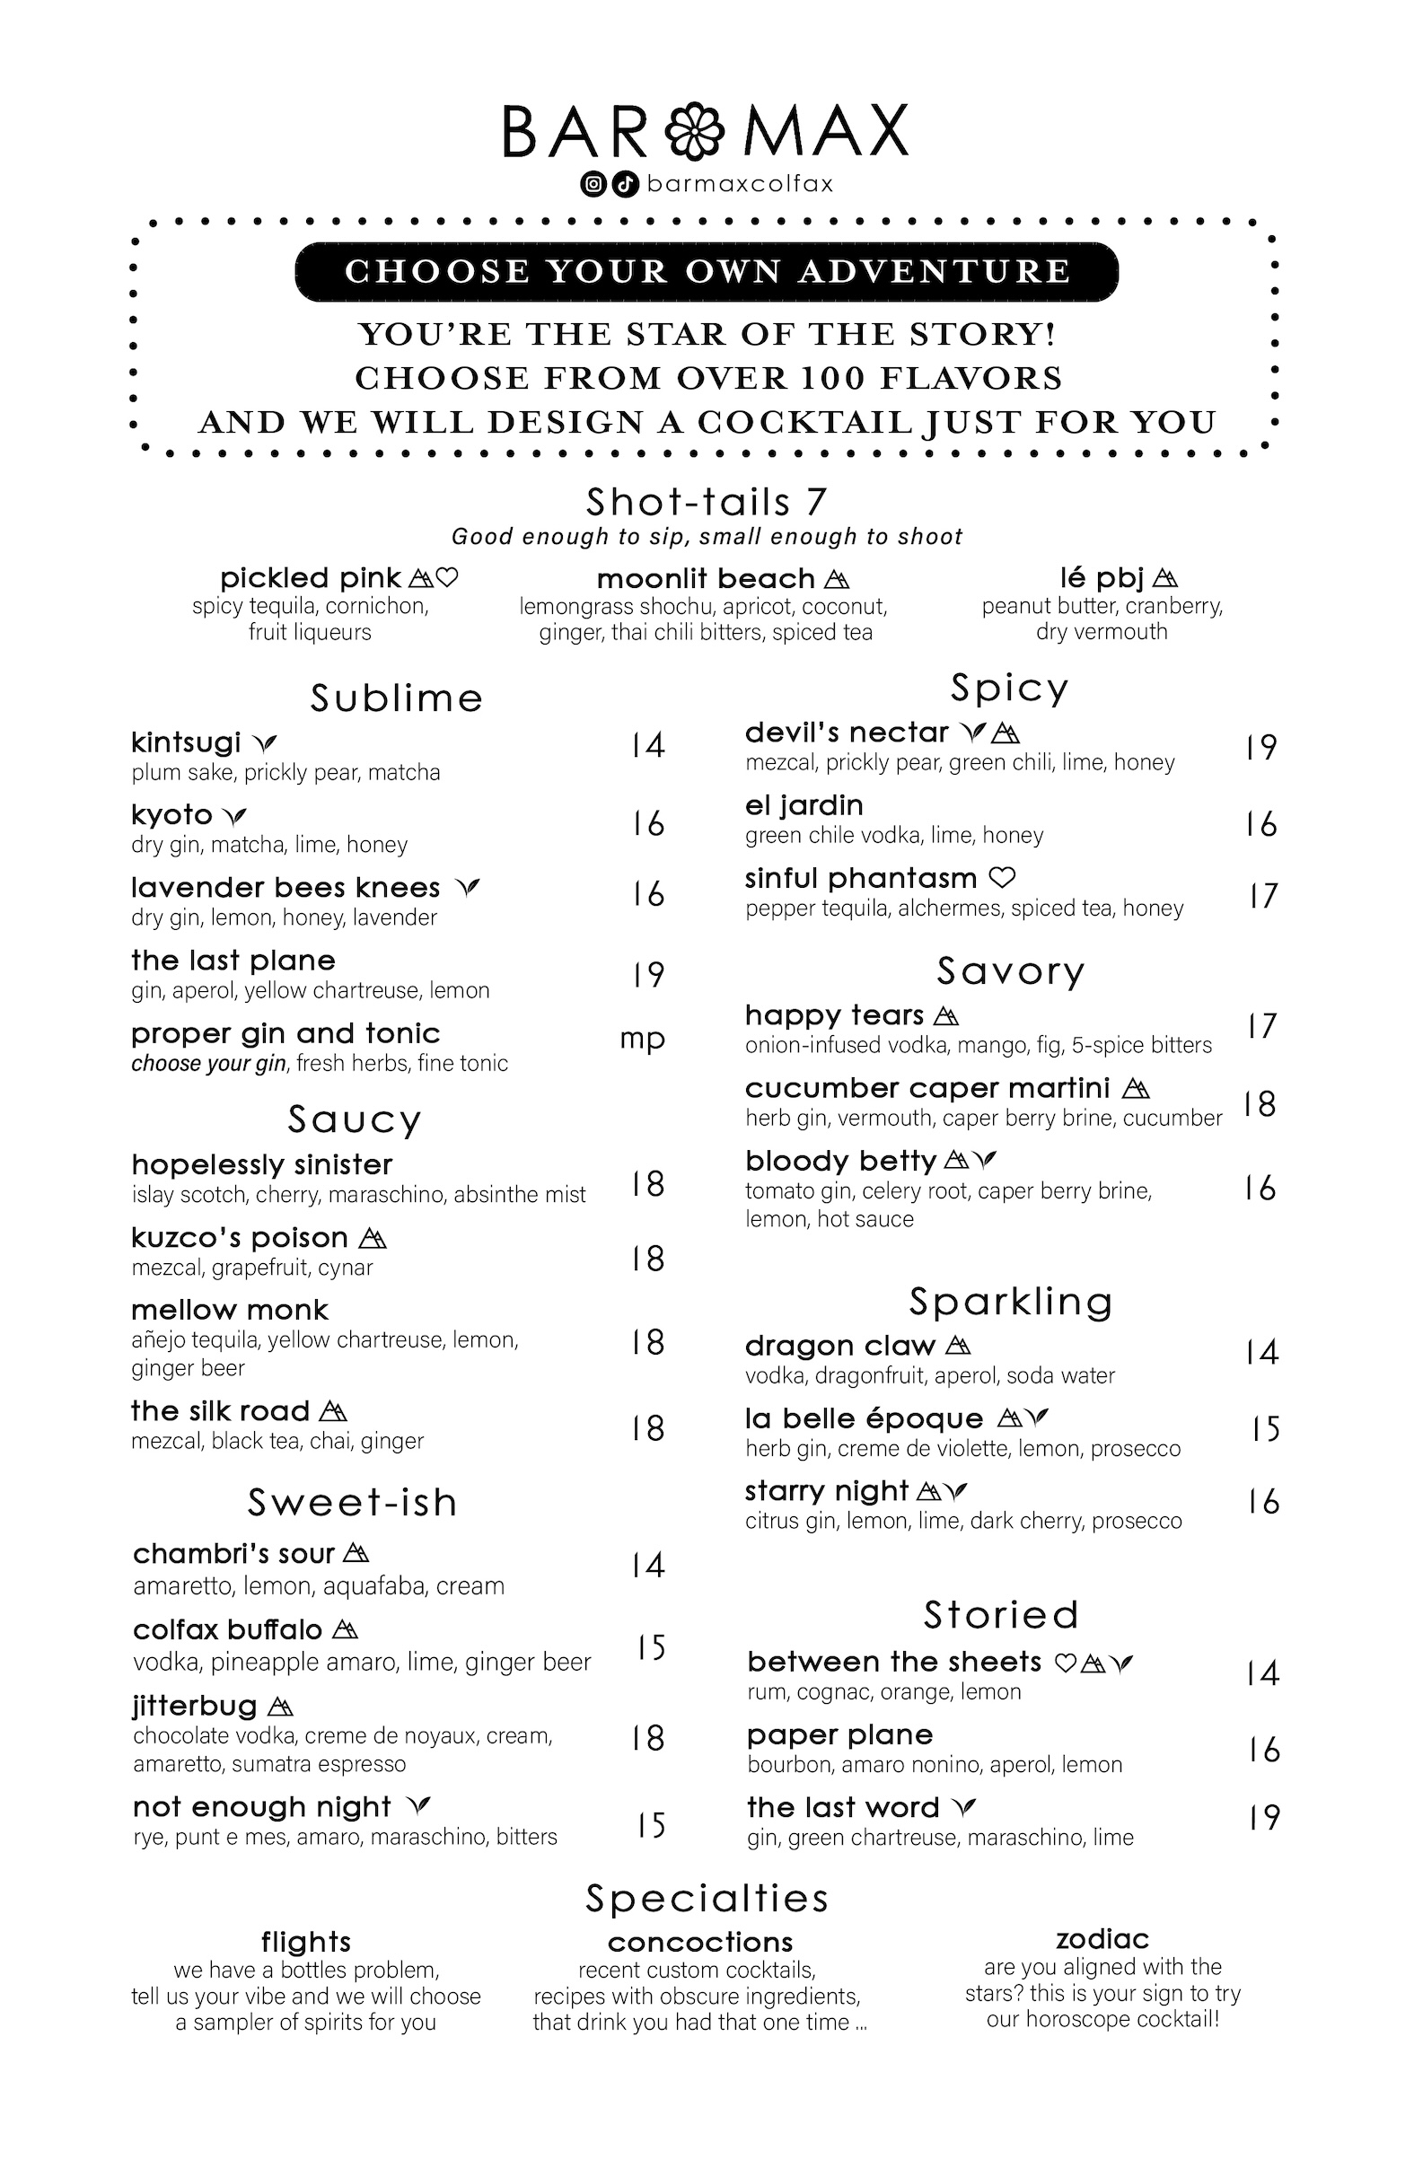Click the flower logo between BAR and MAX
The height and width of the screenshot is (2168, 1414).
pos(694,131)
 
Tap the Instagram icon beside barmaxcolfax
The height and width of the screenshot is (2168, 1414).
pos(593,184)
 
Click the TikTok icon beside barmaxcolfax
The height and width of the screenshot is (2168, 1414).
pos(624,184)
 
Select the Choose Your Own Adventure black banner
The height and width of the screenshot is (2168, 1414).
pos(706,271)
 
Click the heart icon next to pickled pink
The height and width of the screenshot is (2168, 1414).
pos(447,577)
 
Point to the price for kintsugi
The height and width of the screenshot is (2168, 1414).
pos(648,745)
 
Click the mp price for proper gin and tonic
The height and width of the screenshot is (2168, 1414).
pos(642,1039)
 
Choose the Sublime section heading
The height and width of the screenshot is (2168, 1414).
pos(396,698)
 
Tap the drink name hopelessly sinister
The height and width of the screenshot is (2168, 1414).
pos(261,1164)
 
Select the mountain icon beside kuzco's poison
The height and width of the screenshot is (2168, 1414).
pos(373,1238)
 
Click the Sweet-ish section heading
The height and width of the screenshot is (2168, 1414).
pos(352,1503)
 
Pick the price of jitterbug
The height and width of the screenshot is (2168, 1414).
pos(648,1738)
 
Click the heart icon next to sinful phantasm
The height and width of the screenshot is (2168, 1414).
pos(1002,878)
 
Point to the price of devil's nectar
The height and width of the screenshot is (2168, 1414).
pos(1261,748)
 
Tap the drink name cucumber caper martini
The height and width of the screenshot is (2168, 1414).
pos(927,1088)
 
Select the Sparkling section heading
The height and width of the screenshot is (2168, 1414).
pos(1010,1302)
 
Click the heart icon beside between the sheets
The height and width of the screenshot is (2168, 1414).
pos(1065,1663)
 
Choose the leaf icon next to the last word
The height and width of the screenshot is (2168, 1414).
pos(963,1806)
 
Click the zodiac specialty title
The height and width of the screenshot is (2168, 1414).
pos(1102,1938)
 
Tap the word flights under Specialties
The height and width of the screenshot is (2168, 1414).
pos(306,1942)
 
